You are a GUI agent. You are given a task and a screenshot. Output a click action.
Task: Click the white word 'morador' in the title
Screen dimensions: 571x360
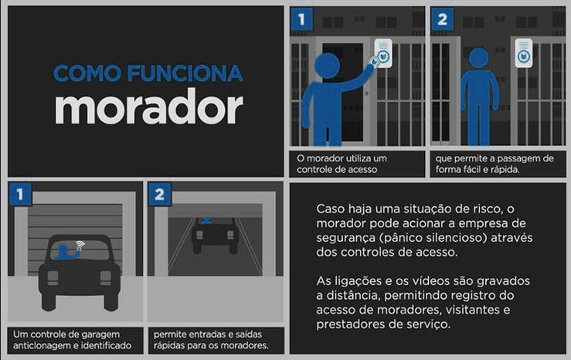pyautogui.click(x=149, y=107)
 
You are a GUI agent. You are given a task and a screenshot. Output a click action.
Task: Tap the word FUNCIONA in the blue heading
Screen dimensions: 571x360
pyautogui.click(x=185, y=73)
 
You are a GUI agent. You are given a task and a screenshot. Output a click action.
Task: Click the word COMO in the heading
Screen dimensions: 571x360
pyautogui.click(x=87, y=73)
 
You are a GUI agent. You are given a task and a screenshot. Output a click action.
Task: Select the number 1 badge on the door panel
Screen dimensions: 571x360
pyautogui.click(x=301, y=19)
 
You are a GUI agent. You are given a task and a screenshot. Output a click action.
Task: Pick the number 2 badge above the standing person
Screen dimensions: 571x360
pyautogui.click(x=442, y=19)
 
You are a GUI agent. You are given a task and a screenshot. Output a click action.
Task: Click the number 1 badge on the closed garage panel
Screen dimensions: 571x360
pyautogui.click(x=20, y=195)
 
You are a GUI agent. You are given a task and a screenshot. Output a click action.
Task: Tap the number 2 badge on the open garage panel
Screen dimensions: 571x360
pyautogui.click(x=159, y=195)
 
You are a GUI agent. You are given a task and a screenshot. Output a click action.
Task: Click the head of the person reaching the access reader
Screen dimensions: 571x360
pyautogui.click(x=328, y=66)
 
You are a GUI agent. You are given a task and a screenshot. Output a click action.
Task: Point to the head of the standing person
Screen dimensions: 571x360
pyautogui.click(x=479, y=58)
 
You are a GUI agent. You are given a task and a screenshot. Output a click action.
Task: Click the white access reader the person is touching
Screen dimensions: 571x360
pyautogui.click(x=383, y=53)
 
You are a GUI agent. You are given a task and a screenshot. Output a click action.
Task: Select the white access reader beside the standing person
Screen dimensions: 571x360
pyautogui.click(x=524, y=53)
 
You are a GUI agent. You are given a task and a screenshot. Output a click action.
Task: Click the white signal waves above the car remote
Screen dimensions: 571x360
pyautogui.click(x=80, y=244)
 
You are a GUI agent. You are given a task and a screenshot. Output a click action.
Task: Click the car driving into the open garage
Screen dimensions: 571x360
pyautogui.click(x=216, y=235)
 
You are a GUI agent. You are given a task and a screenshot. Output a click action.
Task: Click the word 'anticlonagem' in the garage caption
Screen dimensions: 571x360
pyautogui.click(x=39, y=345)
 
